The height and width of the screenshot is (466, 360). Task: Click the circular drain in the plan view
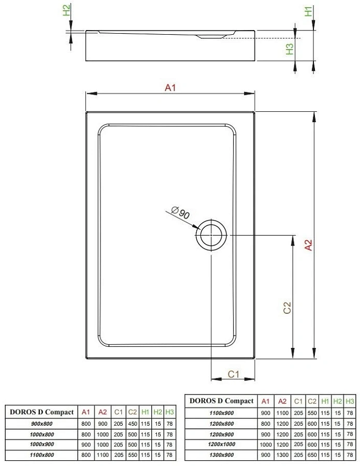[210, 235]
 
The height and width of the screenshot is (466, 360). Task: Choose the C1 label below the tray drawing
[234, 374]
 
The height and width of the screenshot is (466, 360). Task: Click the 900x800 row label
[41, 424]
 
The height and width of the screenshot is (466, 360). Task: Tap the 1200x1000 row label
[221, 444]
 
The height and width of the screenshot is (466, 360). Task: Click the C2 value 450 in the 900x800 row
[132, 424]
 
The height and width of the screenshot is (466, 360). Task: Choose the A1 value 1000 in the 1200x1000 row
[266, 444]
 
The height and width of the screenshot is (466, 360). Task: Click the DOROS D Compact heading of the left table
[41, 412]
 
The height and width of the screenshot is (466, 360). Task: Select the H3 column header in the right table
[350, 401]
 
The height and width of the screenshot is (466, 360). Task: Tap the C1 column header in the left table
[118, 412]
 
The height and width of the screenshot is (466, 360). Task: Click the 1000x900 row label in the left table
[41, 444]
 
